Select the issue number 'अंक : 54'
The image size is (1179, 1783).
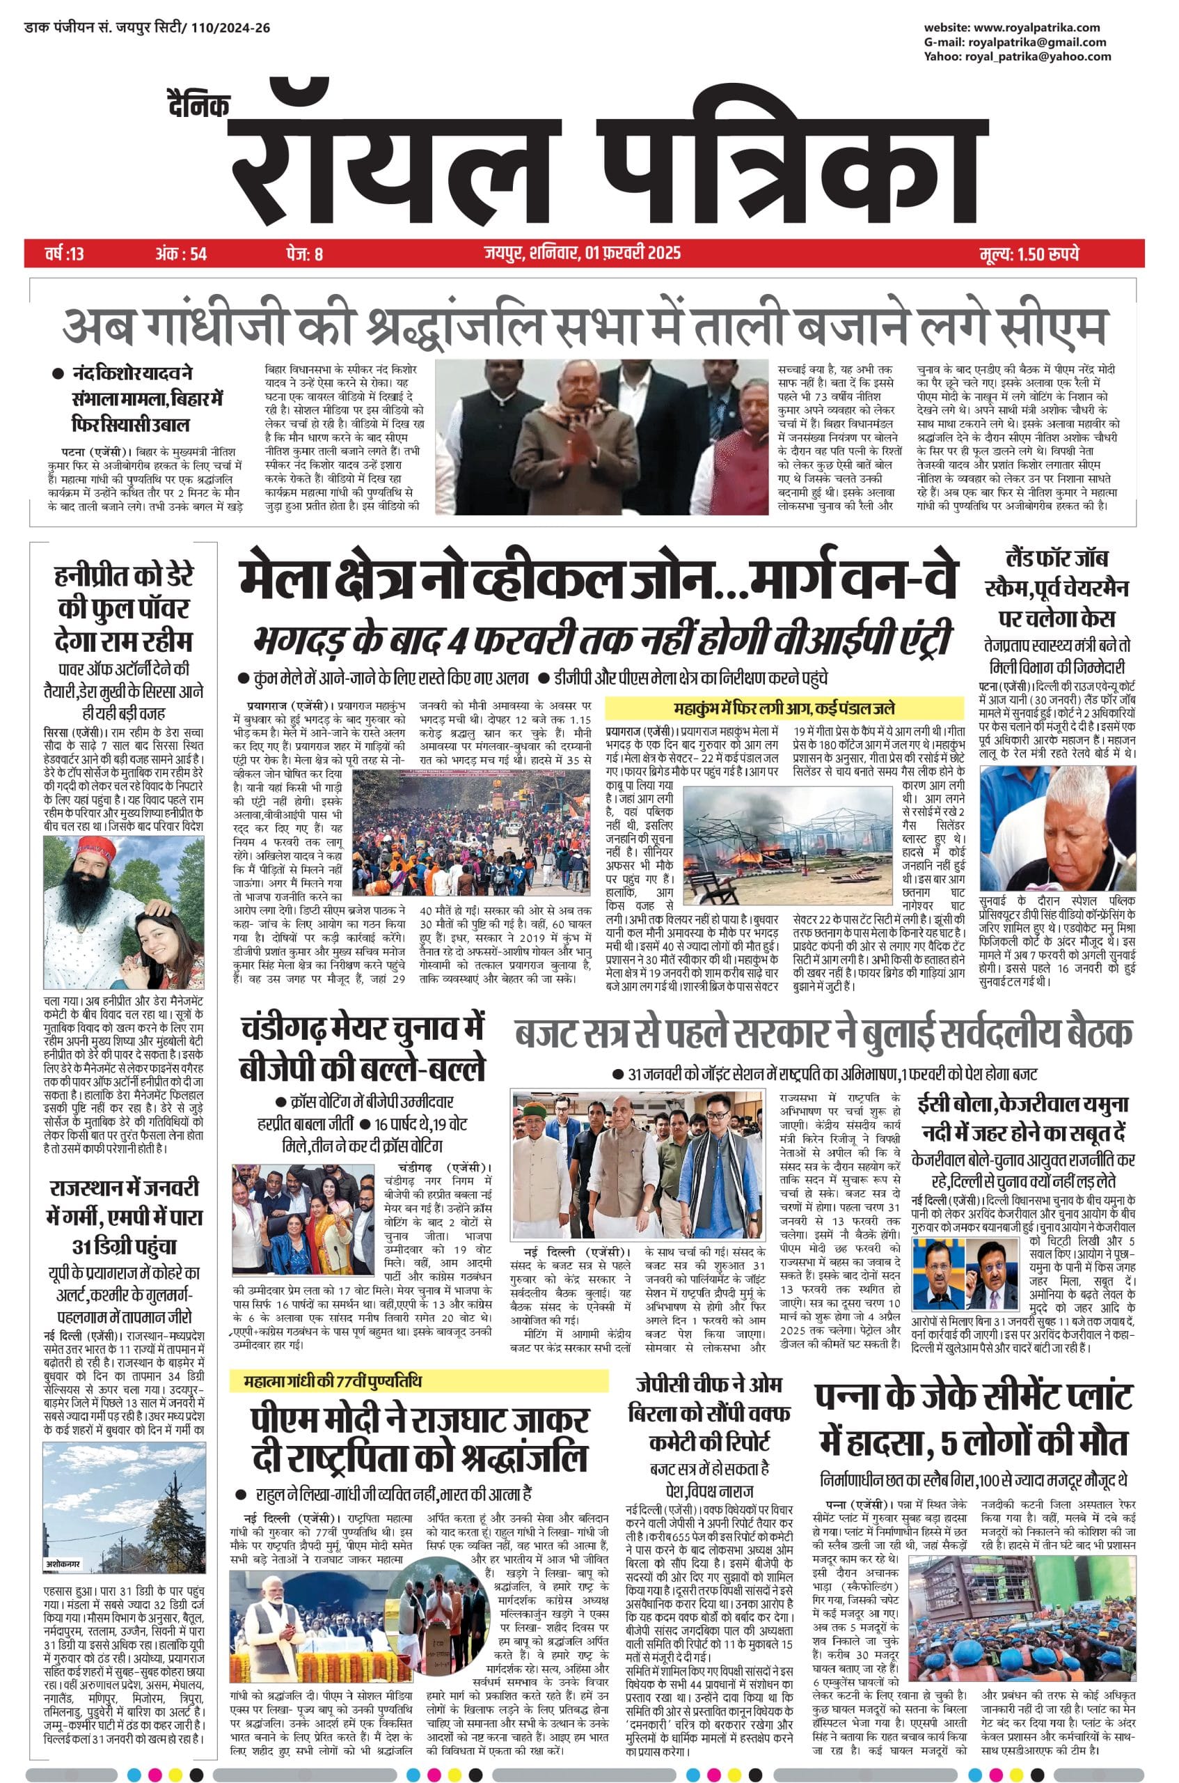pos(181,254)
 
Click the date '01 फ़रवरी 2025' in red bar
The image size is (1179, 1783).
pos(633,253)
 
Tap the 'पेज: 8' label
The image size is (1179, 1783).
pos(305,254)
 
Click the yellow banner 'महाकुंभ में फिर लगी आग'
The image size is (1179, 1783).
pos(784,709)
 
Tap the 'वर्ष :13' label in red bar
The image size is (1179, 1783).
pos(65,254)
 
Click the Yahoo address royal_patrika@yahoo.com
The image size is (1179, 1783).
pos(1038,56)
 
